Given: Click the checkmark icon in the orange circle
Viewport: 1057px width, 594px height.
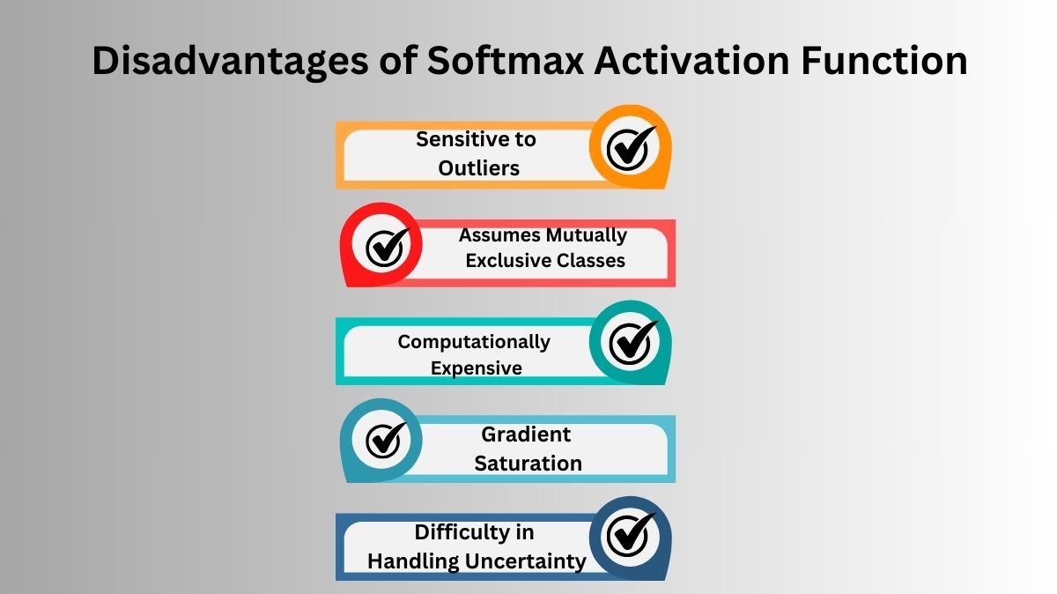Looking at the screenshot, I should pos(631,147).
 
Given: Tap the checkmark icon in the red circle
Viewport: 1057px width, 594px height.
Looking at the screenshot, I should pos(386,247).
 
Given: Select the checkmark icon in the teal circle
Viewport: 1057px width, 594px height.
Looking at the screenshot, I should pos(631,342).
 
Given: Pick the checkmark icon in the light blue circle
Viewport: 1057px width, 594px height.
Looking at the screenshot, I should pos(386,440).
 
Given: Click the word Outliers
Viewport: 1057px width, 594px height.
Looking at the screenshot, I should pos(478,167).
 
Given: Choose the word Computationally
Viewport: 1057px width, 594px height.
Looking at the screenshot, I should pos(474,341).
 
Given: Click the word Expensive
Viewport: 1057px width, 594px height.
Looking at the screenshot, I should pos(476,368).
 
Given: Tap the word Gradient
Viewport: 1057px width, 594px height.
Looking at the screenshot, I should pos(526,434).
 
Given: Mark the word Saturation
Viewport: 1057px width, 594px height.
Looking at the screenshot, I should pos(528,464).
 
